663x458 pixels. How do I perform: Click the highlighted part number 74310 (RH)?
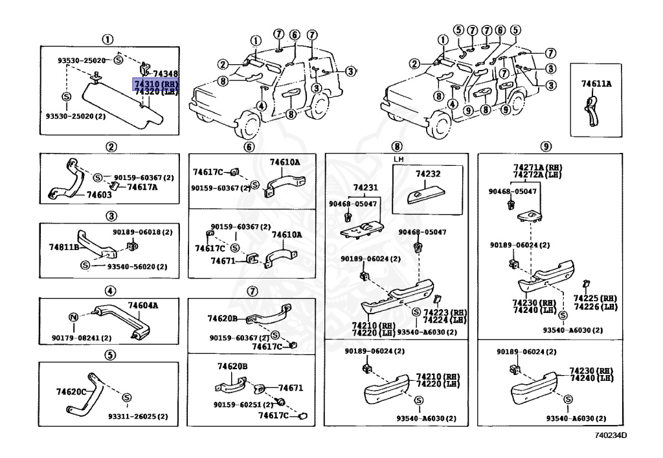(155, 84)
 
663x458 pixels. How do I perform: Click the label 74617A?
(142, 187)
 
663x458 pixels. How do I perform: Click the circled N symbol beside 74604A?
(73, 317)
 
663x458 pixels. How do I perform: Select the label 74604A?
(143, 304)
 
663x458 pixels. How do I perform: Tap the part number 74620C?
(71, 392)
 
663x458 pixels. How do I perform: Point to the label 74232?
(427, 174)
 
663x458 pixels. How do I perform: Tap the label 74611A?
(596, 84)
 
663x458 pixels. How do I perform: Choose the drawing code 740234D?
(610, 435)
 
